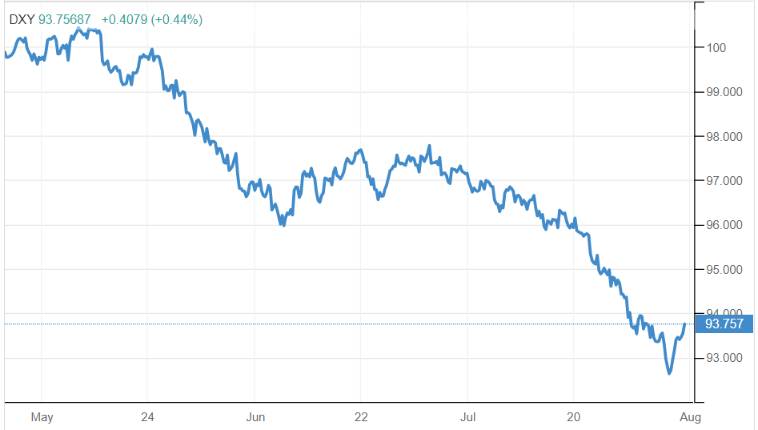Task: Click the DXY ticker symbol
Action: (x=22, y=19)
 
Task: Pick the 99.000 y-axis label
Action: (x=723, y=92)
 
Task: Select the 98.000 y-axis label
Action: (x=723, y=137)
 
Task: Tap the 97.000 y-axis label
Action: (x=723, y=181)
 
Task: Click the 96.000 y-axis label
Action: (x=723, y=225)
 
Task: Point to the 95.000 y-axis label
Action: (x=723, y=270)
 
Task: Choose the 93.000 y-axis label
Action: (x=723, y=358)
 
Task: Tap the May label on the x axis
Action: (x=42, y=417)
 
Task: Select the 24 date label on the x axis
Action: (x=147, y=417)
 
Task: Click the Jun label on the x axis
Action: (x=255, y=417)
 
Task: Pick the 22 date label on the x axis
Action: (x=361, y=417)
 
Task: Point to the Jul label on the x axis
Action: (x=468, y=417)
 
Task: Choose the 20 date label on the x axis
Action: (x=573, y=417)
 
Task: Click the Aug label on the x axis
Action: (x=691, y=417)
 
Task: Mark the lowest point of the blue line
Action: (x=669, y=373)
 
